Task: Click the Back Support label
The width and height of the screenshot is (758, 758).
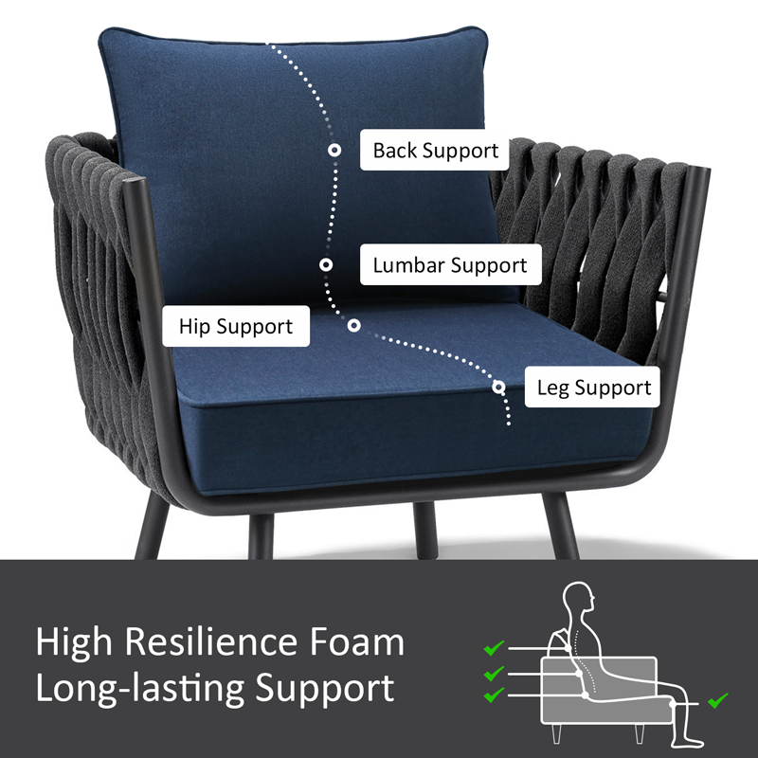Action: (x=435, y=150)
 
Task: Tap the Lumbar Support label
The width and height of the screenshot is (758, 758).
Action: (x=451, y=264)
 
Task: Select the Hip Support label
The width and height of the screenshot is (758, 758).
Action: (x=236, y=326)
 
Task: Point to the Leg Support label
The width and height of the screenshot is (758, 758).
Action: (x=593, y=387)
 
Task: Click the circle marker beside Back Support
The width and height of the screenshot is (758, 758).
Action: (x=334, y=150)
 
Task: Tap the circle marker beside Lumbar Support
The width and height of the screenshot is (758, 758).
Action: (x=326, y=264)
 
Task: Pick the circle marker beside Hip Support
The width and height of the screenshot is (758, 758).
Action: (x=353, y=325)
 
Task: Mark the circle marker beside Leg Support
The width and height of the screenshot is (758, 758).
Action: (x=499, y=387)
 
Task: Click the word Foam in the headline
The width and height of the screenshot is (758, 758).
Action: (x=356, y=642)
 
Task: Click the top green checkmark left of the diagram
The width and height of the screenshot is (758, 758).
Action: (x=494, y=648)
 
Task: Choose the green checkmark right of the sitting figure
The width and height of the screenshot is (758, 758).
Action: (x=718, y=700)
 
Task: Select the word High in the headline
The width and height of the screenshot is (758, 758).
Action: (x=74, y=643)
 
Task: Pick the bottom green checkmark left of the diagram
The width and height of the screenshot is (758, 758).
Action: (x=494, y=695)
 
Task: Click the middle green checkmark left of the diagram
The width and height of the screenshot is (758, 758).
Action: (x=494, y=674)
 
